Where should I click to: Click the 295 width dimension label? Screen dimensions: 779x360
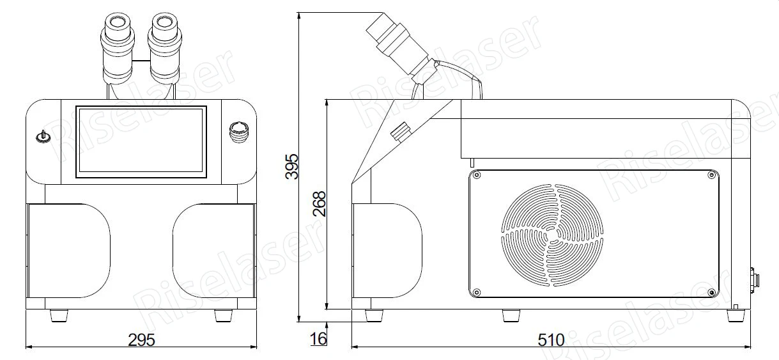click(x=141, y=340)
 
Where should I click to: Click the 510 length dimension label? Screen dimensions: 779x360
click(x=551, y=340)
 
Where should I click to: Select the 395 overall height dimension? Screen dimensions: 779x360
click(x=292, y=166)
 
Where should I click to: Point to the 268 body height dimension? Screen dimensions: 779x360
click(x=320, y=204)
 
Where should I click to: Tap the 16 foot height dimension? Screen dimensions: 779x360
click(x=318, y=339)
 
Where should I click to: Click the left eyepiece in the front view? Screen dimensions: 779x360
click(x=118, y=48)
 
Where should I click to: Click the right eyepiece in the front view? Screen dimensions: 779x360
click(x=164, y=48)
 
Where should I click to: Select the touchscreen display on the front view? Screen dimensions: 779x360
click(x=141, y=142)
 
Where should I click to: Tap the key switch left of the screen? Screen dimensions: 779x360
click(x=43, y=137)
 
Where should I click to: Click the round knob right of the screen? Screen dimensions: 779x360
click(x=239, y=132)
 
